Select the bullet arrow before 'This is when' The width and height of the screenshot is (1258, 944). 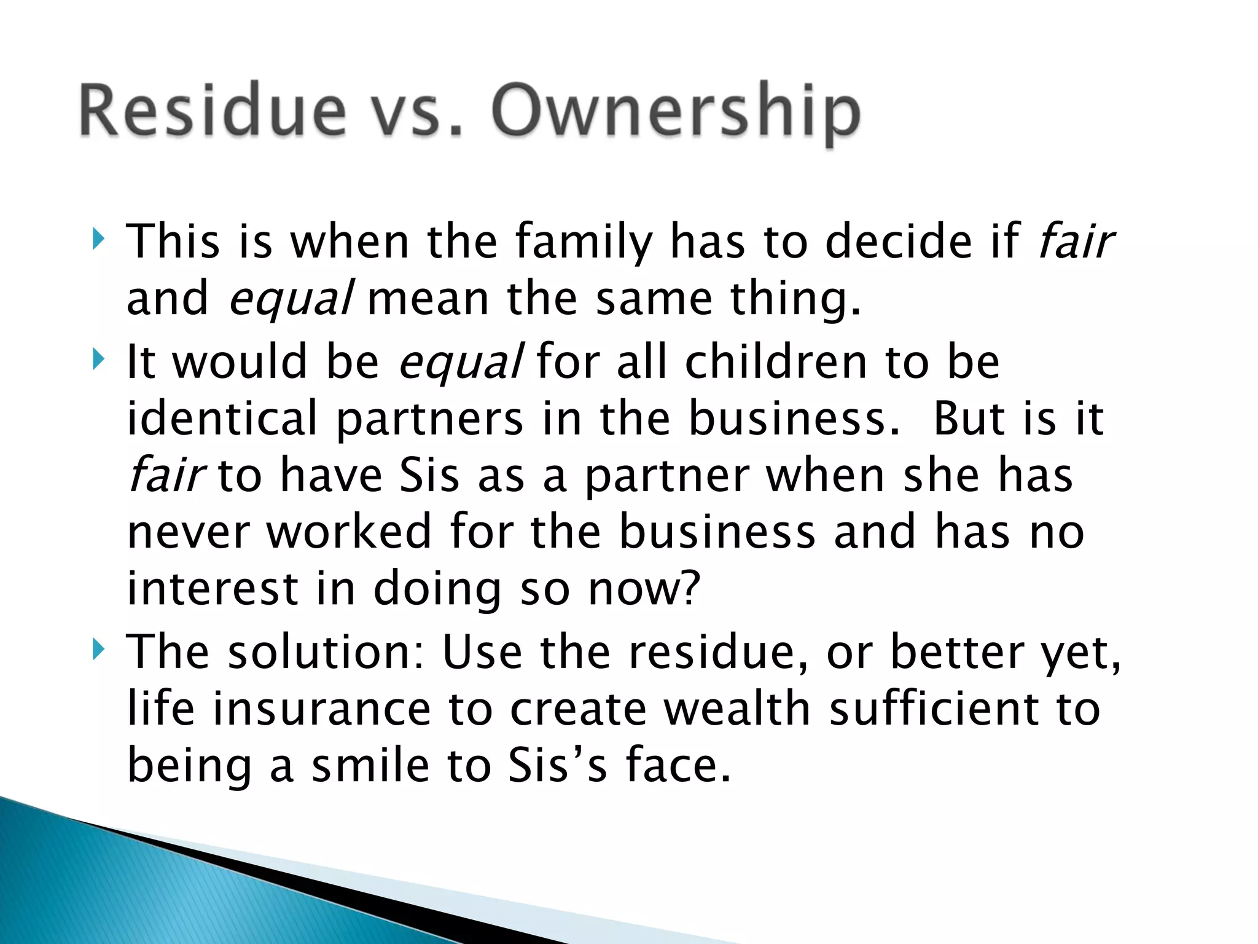[x=98, y=238]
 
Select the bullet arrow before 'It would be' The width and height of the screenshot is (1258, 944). [x=98, y=358]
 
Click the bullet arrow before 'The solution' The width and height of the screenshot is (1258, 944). [x=98, y=648]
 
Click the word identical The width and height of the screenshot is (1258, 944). [x=222, y=418]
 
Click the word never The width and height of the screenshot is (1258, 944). [x=188, y=532]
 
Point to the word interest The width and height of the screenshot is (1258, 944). [x=213, y=589]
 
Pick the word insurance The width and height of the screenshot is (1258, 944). [x=322, y=709]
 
